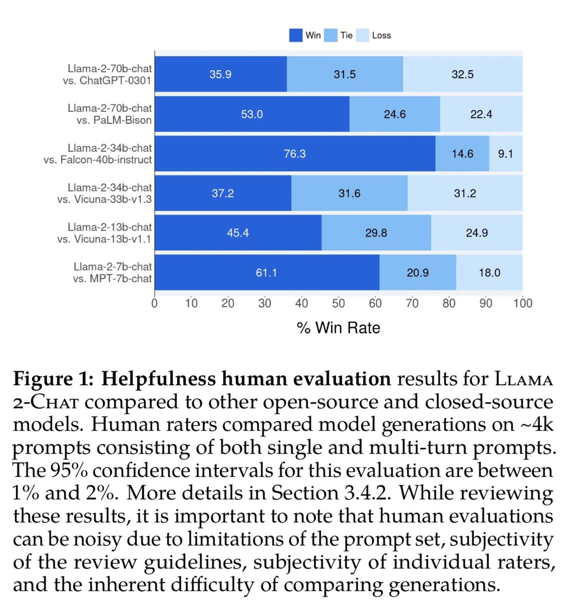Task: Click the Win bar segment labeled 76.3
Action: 295,154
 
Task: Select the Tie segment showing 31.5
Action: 345,74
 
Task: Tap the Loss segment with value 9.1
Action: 505,154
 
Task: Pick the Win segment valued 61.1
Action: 266,272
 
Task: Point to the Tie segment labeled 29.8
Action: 376,233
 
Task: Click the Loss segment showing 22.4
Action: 481,114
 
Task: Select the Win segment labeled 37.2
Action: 223,193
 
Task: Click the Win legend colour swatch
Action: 296,35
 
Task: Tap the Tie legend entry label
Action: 347,35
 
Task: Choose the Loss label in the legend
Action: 381,35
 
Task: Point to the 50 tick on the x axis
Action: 339,303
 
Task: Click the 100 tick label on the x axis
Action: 523,303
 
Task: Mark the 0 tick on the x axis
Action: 154,303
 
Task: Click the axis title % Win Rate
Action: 339,328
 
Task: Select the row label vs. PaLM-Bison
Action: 114,120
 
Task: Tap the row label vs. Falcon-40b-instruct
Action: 98,160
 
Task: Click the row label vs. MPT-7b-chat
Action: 112,278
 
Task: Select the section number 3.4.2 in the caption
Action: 367,493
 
